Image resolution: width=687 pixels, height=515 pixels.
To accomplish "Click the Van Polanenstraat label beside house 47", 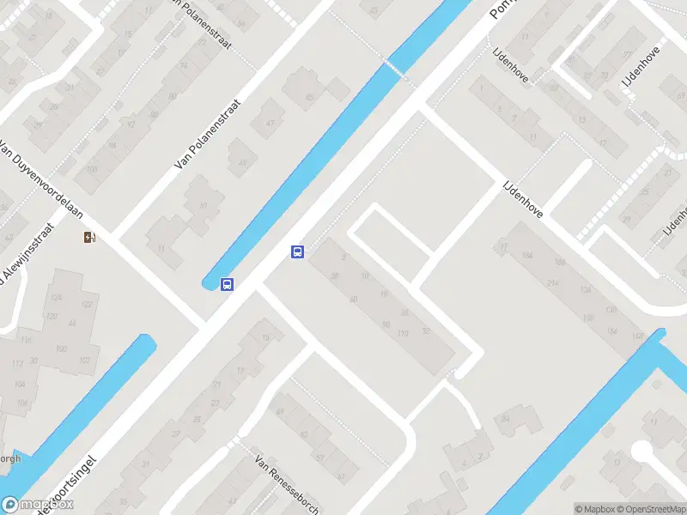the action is [208, 134].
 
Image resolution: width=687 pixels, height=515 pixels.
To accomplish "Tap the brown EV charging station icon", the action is [89, 238].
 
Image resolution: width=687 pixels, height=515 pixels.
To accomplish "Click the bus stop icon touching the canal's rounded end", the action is [228, 284].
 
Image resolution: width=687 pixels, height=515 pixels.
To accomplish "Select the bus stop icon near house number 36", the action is [297, 251].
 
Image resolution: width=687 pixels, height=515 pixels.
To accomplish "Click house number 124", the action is [57, 298].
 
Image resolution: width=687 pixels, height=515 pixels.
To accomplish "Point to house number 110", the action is [404, 332].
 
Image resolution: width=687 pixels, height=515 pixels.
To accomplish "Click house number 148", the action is [636, 336].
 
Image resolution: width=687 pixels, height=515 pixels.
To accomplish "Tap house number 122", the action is [86, 305].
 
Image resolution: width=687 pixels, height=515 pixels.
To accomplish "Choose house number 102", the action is [84, 360].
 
